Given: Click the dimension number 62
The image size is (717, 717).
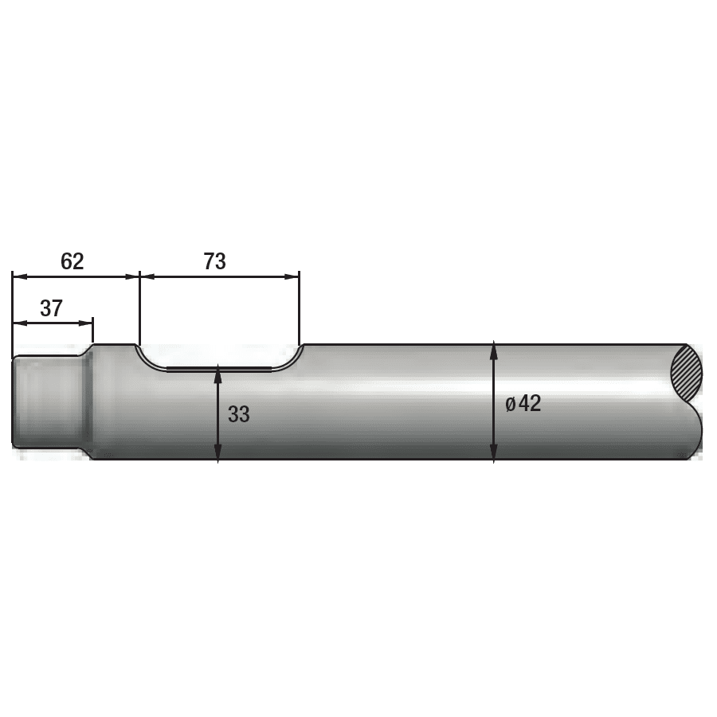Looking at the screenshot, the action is click(x=72, y=261).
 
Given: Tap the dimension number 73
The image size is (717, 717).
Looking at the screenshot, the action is click(x=215, y=261).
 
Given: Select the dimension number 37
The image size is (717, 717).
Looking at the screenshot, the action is click(x=51, y=308).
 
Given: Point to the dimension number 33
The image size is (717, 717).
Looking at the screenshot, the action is click(x=239, y=414).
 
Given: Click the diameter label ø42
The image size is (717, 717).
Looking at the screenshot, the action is click(x=523, y=404).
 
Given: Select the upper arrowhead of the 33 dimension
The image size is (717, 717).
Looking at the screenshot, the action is click(x=218, y=375).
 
